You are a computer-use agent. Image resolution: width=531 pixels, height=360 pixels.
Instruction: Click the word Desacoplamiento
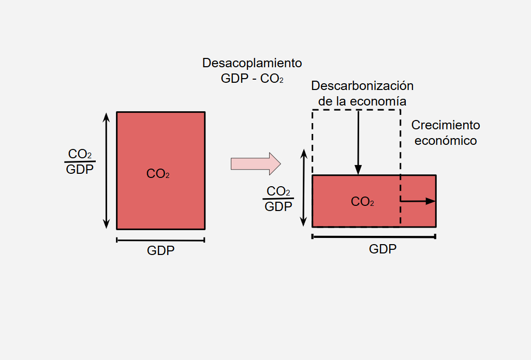[252, 63]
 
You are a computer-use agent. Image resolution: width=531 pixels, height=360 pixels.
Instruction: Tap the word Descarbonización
[362, 85]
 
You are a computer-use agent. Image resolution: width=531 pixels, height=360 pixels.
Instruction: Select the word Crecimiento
[446, 125]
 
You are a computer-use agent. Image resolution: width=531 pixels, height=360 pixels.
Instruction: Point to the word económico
[446, 140]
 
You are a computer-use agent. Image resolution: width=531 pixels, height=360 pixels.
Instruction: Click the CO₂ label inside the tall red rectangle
[158, 174]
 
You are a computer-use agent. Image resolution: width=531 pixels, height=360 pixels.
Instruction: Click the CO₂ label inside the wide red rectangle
[362, 202]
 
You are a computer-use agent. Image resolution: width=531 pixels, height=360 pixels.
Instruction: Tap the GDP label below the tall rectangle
[161, 251]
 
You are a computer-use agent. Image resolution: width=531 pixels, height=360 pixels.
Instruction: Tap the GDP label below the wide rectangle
[383, 249]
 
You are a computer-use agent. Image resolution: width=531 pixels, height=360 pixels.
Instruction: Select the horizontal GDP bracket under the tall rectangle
[161, 239]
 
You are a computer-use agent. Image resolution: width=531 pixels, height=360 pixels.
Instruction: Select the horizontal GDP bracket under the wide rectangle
[374, 236]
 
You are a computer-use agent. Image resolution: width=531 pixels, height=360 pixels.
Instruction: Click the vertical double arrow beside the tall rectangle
[107, 170]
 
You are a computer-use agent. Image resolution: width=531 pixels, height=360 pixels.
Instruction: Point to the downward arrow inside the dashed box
[358, 142]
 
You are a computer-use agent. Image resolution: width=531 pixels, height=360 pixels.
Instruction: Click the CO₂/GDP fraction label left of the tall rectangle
[81, 161]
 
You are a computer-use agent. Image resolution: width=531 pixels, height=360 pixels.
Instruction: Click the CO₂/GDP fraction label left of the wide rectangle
[278, 199]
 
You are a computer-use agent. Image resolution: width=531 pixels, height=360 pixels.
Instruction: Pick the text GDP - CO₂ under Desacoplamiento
[252, 79]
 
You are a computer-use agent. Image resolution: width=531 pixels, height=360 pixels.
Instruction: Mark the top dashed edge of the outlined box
[356, 110]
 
